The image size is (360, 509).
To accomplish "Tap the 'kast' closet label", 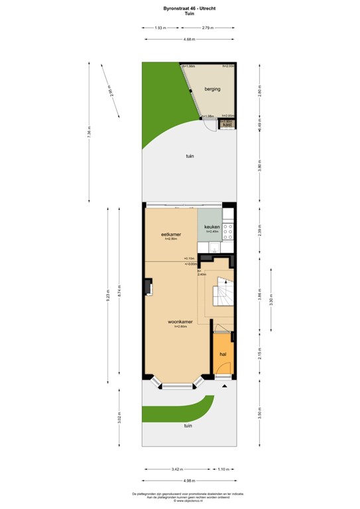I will click(x=227, y=124).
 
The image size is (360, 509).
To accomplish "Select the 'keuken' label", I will click(x=211, y=227).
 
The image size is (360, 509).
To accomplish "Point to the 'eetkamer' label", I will click(x=171, y=235).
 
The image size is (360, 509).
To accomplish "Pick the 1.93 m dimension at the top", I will click(x=160, y=28).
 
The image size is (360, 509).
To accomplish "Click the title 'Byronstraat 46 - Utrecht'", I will click(x=180, y=7).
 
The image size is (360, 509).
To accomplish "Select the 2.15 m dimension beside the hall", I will click(x=260, y=355).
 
